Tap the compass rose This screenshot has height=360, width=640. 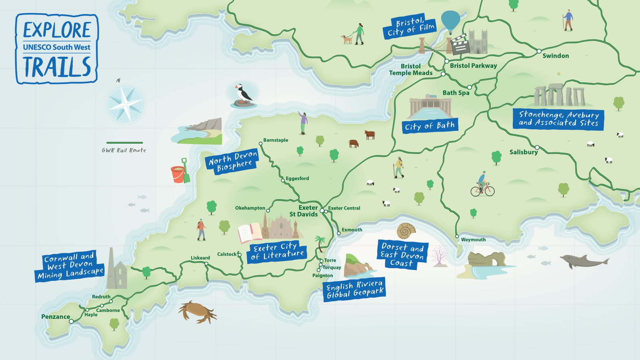tap(126, 104)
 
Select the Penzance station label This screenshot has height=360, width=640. tap(56, 317)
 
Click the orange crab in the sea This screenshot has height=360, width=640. tap(197, 311)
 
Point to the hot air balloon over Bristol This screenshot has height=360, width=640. tap(450, 21)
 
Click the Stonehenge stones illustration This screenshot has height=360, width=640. tap(560, 95)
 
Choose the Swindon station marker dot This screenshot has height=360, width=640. tap(539, 51)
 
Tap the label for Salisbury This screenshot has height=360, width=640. tap(523, 152)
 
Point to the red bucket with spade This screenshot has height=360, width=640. tap(179, 172)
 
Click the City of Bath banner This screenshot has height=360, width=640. tap(430, 126)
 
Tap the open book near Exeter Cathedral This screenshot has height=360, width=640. tap(250, 233)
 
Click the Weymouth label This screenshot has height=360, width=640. tap(473, 240)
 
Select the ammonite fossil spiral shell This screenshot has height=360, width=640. tap(406, 231)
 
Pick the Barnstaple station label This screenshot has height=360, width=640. tap(276, 140)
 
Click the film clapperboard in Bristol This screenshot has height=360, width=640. tap(460, 45)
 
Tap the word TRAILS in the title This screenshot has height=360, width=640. tap(57, 67)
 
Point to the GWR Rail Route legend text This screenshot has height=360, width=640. tap(124, 150)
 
